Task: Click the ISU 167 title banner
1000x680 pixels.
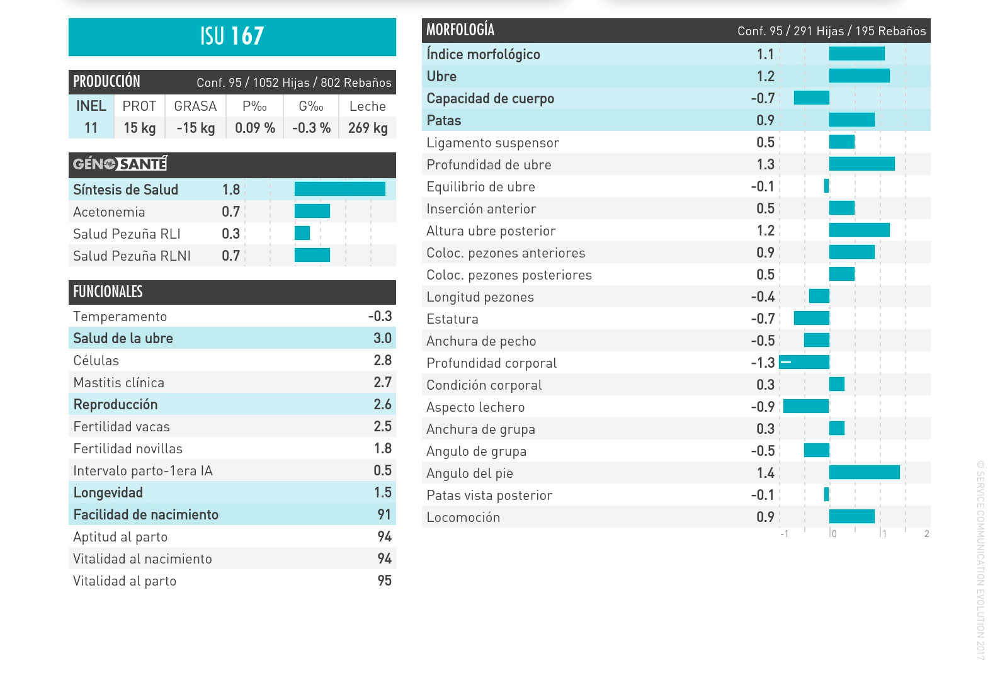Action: tap(232, 37)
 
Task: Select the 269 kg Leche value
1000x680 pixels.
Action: tap(368, 128)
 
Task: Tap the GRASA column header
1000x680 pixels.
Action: tap(195, 106)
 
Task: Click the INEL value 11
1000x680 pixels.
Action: tap(91, 128)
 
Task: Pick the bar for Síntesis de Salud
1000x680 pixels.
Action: tap(339, 189)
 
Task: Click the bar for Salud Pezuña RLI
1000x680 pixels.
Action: tap(302, 233)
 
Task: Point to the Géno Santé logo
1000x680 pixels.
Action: tap(120, 164)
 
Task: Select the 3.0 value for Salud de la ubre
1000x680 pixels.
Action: tap(382, 338)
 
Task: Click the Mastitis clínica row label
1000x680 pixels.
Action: tap(118, 382)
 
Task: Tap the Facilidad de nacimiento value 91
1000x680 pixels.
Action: tap(384, 514)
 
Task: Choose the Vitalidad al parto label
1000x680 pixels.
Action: tap(125, 581)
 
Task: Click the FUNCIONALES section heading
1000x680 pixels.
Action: tap(108, 292)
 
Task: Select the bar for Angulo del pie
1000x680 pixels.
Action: tap(864, 472)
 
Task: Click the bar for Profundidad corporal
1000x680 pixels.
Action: tap(804, 362)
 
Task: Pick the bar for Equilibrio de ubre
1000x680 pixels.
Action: tap(826, 186)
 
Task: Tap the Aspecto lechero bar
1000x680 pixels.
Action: tap(806, 406)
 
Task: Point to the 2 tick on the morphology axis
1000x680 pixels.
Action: tap(926, 534)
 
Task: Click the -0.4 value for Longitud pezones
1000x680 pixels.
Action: tap(763, 297)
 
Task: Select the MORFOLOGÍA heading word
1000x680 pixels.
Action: tap(460, 30)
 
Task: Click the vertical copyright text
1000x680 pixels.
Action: tap(980, 560)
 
